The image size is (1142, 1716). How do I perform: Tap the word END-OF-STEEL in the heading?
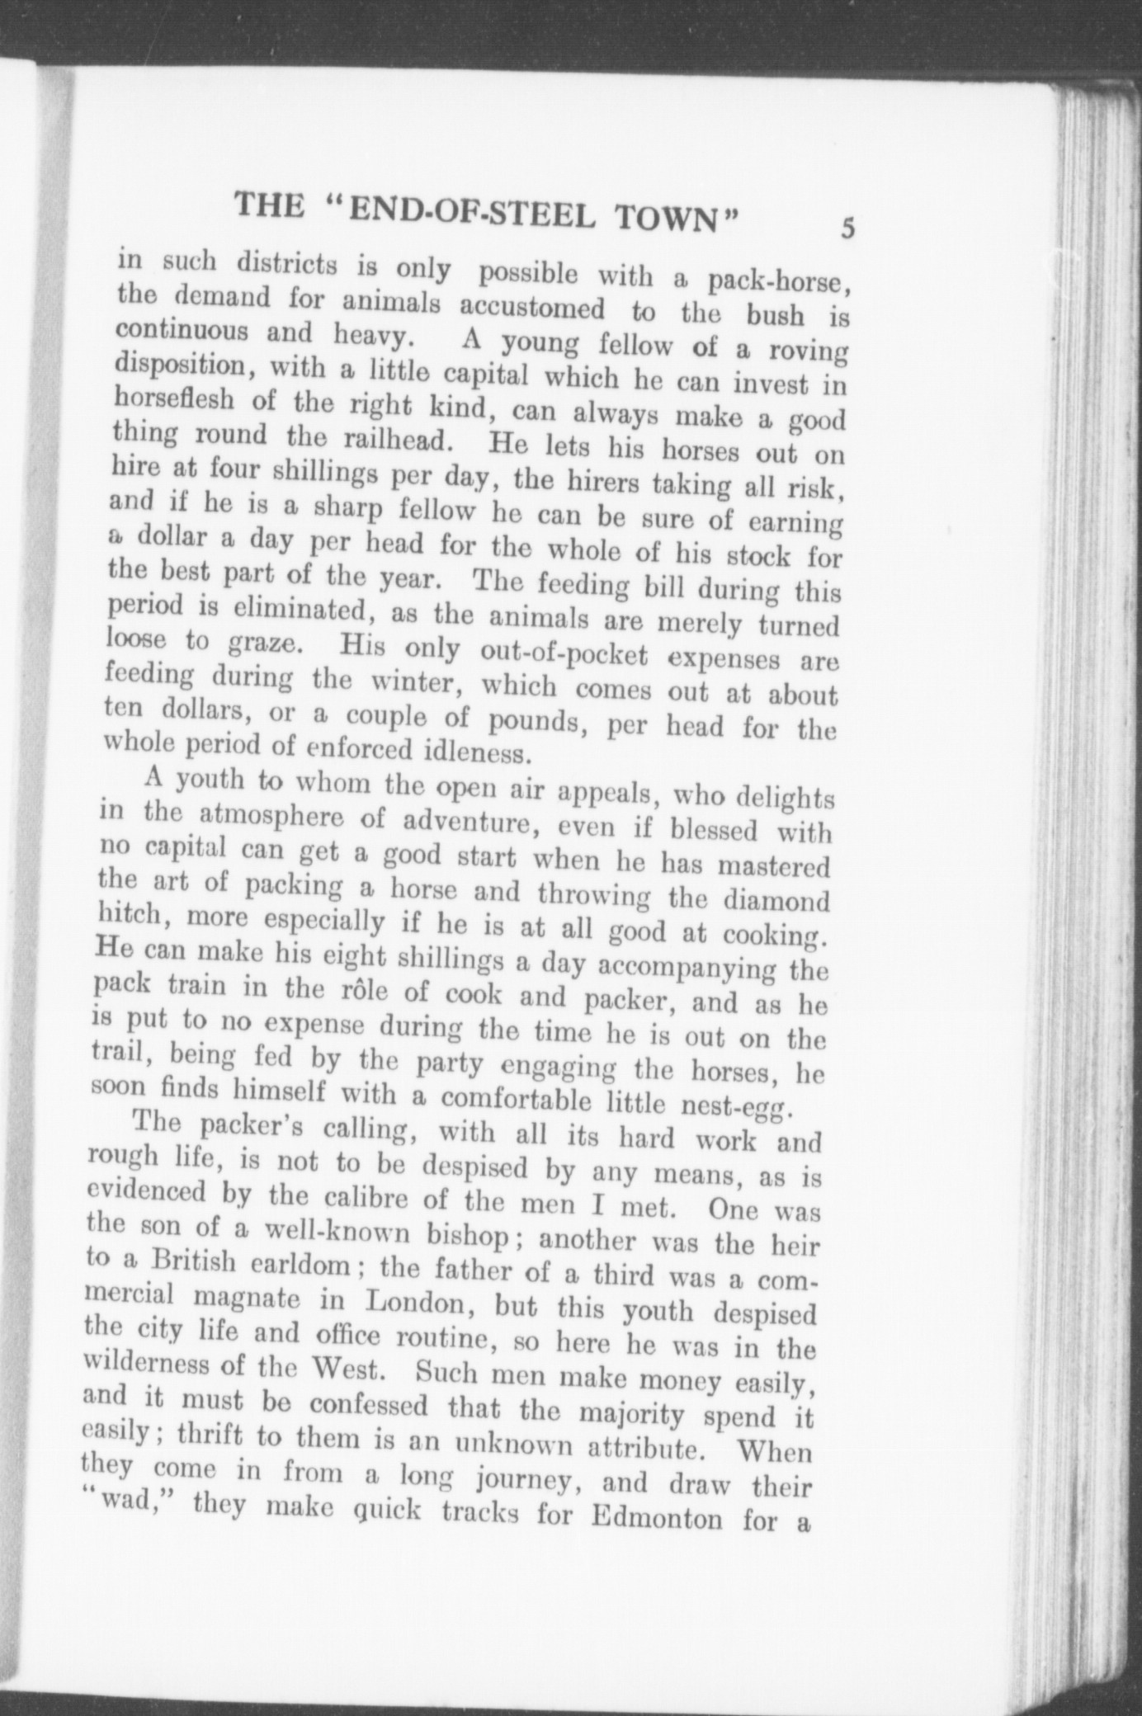[470, 211]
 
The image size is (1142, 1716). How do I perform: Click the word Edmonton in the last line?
[657, 1518]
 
